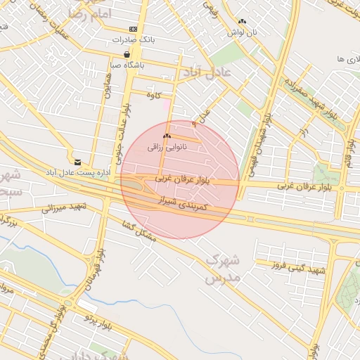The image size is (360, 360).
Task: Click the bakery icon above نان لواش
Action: coord(243,22)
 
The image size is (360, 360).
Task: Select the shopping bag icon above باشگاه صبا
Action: coord(127,54)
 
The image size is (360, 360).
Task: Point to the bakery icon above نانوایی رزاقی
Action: coord(167,136)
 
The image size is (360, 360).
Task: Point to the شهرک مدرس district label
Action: coord(223,269)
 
